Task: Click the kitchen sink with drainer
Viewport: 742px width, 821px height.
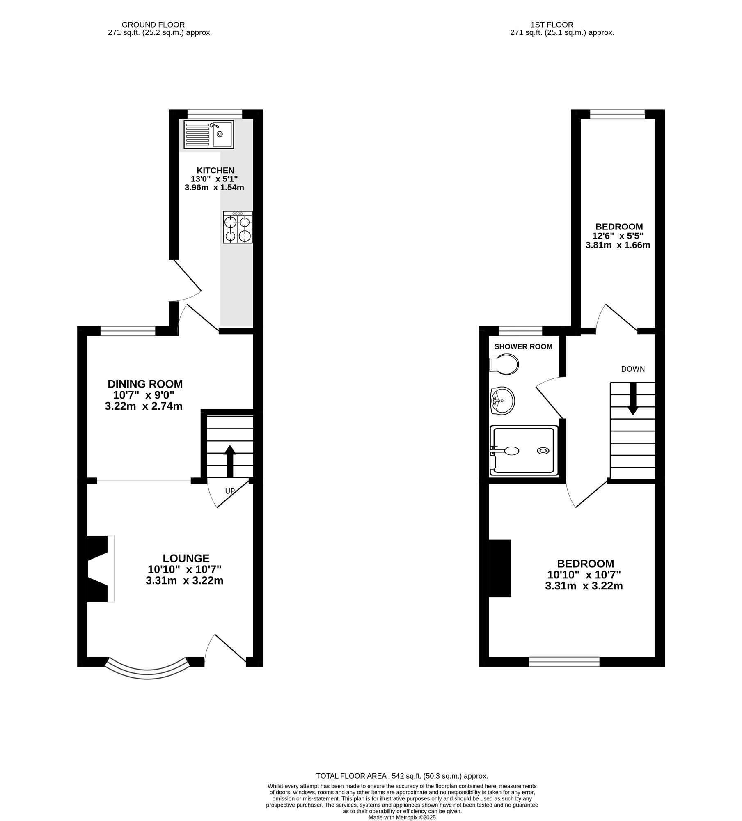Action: click(x=208, y=134)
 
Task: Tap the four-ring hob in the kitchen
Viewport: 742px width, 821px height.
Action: click(x=238, y=227)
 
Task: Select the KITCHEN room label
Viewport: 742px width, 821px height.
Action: click(x=215, y=170)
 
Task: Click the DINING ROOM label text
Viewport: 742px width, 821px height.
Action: click(x=145, y=384)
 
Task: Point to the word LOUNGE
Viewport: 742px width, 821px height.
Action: click(x=186, y=558)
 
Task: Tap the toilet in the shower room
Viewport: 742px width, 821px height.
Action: click(x=504, y=365)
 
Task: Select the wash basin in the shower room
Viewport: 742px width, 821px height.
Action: click(x=502, y=400)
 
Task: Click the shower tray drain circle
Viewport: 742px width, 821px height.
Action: click(x=543, y=451)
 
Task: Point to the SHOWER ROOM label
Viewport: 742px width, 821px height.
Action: click(x=523, y=346)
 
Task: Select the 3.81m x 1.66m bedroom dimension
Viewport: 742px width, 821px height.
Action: click(x=618, y=245)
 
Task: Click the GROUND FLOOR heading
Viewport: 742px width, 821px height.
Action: click(x=153, y=25)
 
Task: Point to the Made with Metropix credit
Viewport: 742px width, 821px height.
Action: click(x=402, y=818)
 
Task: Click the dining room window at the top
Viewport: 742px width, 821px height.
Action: click(x=128, y=330)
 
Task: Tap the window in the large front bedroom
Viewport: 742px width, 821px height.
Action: click(x=564, y=661)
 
